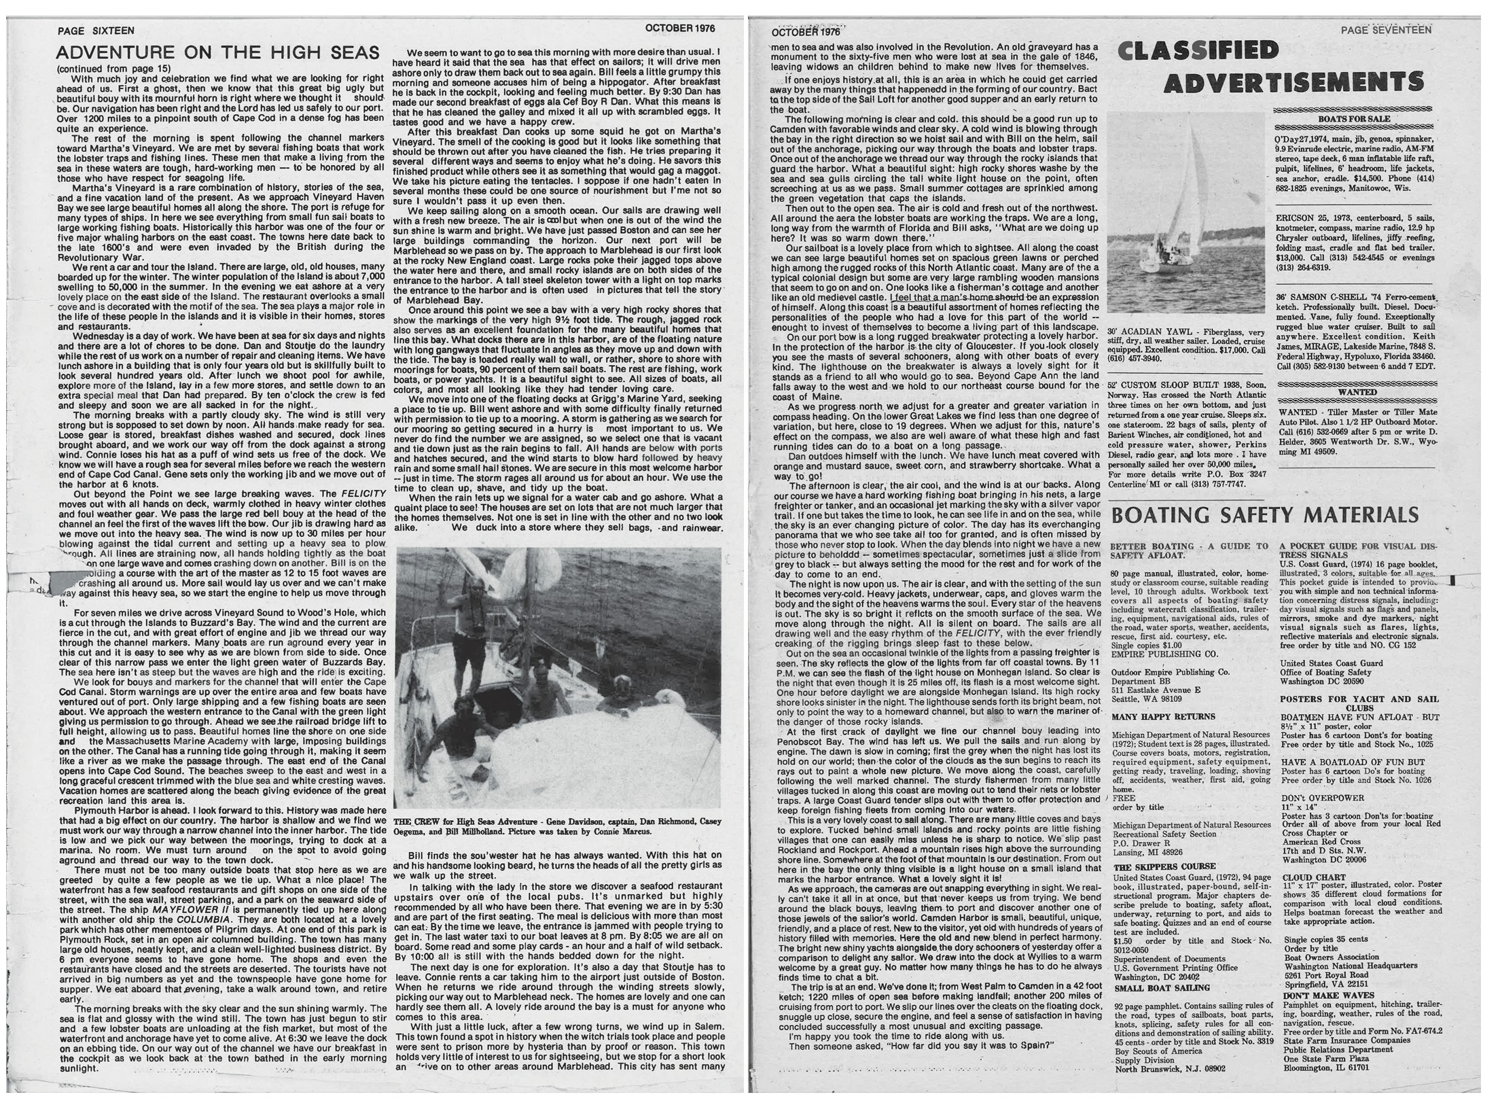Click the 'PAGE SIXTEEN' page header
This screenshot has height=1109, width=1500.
(x=96, y=31)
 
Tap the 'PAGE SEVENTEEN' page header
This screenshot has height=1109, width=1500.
(x=1386, y=30)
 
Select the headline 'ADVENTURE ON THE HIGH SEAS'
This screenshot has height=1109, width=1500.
(x=217, y=53)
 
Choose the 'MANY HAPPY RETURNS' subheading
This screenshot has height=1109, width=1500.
(x=1153, y=717)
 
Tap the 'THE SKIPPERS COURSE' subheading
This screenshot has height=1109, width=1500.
(x=1155, y=866)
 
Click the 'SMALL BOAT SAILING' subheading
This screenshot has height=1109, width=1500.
(x=1153, y=987)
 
